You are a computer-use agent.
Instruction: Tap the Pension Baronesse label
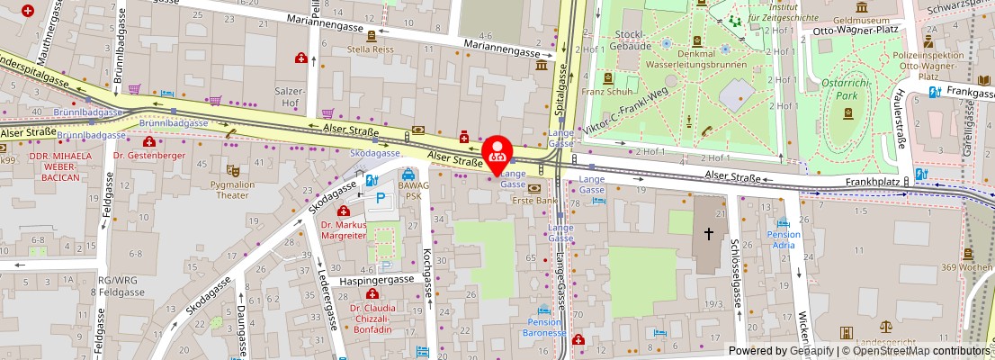543,327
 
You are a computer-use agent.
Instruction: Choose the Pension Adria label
784,239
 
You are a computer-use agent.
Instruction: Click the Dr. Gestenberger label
149,155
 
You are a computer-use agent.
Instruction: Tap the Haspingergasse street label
377,281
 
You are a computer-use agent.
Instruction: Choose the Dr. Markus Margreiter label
343,229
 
